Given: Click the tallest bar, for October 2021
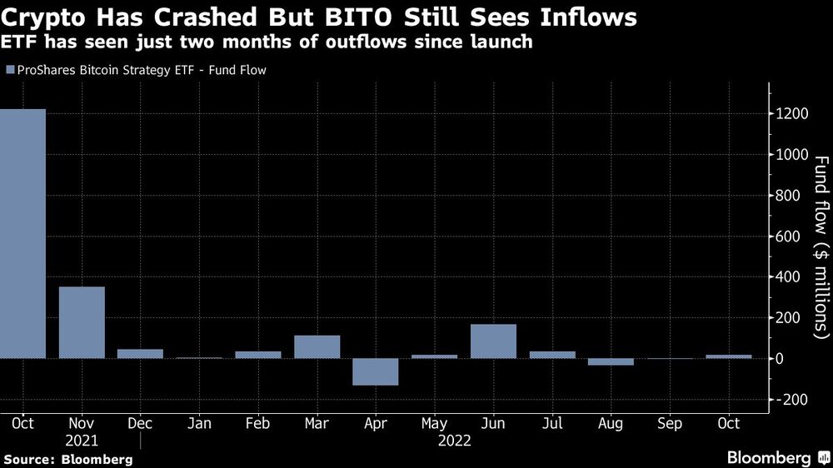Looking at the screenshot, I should click(22, 233).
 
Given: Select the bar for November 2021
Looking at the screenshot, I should click(82, 322).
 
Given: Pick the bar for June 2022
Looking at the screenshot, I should click(493, 341).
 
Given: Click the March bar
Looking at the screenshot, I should click(317, 347).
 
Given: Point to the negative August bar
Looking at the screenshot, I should click(611, 362).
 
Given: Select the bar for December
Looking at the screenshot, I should click(140, 354).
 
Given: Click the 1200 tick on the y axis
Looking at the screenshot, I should click(791, 114).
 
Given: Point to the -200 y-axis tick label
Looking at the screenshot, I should click(791, 400).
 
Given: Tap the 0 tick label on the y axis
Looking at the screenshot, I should click(781, 359).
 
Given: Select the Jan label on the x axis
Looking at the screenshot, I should click(199, 424).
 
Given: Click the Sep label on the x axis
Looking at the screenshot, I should click(670, 424).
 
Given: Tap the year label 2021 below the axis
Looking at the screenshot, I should click(82, 440).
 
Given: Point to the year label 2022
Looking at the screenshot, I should click(453, 440).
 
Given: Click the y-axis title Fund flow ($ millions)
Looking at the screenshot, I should click(820, 247).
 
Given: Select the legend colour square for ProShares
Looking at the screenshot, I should click(9, 71).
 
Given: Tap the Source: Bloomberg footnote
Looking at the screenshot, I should click(67, 459).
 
